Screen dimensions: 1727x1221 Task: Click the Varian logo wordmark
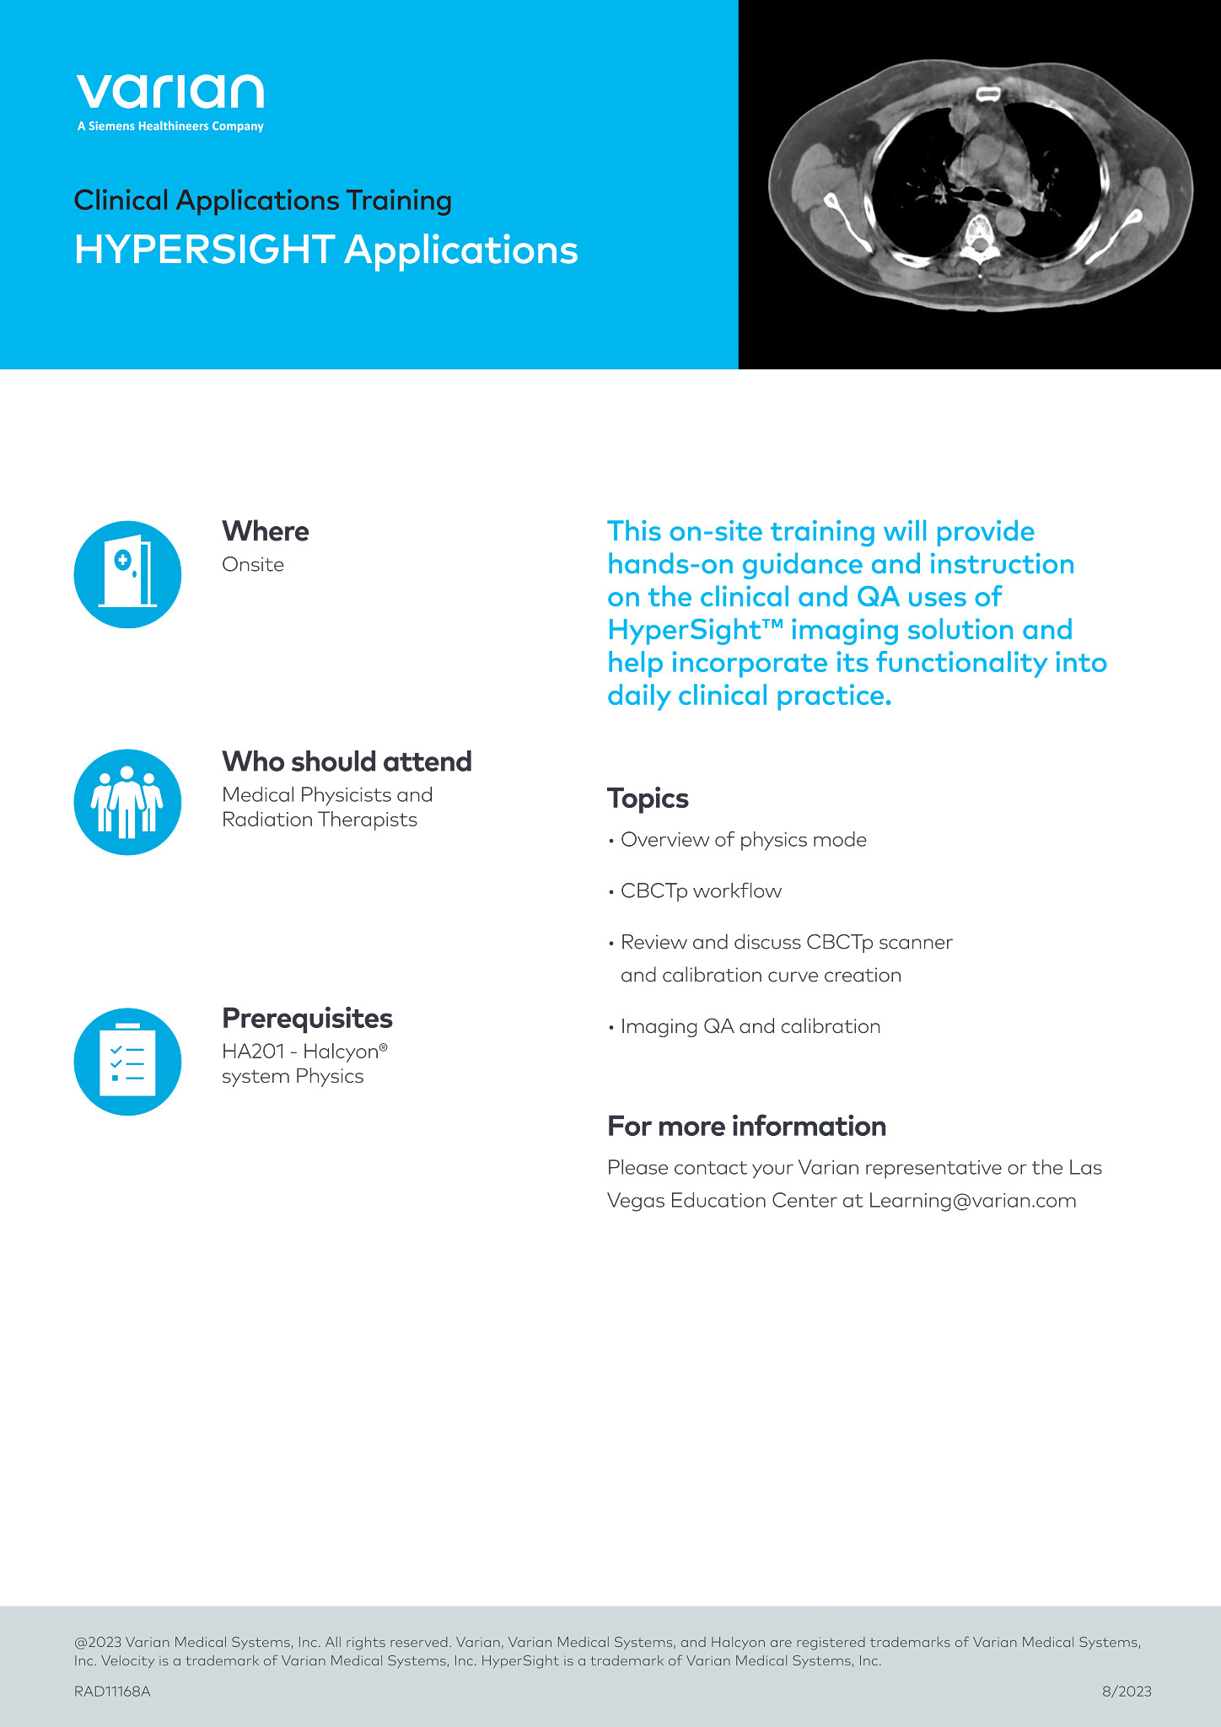click(x=169, y=91)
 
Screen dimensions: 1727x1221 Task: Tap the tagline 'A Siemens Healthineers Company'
click(x=170, y=126)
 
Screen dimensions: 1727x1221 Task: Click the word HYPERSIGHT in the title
click(x=204, y=250)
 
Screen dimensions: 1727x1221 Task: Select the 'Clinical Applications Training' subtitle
click(x=262, y=201)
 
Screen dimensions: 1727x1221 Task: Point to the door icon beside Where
click(x=127, y=574)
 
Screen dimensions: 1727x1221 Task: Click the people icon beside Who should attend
click(x=127, y=802)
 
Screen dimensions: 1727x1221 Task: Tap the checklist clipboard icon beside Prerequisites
click(x=127, y=1062)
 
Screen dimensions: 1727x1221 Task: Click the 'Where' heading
click(x=265, y=531)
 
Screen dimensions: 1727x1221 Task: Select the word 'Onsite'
click(x=252, y=565)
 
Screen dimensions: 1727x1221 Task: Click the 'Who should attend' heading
click(x=347, y=761)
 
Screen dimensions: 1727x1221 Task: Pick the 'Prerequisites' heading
click(x=307, y=1019)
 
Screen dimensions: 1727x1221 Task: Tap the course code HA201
click(x=253, y=1052)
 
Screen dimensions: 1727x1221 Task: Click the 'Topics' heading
click(x=648, y=799)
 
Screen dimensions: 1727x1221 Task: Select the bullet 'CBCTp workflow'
click(x=701, y=891)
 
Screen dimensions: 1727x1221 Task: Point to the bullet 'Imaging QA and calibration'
click(x=750, y=1026)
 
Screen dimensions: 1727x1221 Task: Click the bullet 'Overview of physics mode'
click(x=743, y=840)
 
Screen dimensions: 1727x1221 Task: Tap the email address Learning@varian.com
click(x=972, y=1201)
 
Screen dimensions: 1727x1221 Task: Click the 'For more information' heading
click(x=746, y=1127)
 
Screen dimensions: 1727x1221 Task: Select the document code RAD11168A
click(x=112, y=1691)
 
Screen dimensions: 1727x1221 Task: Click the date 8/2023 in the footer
click(x=1127, y=1691)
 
